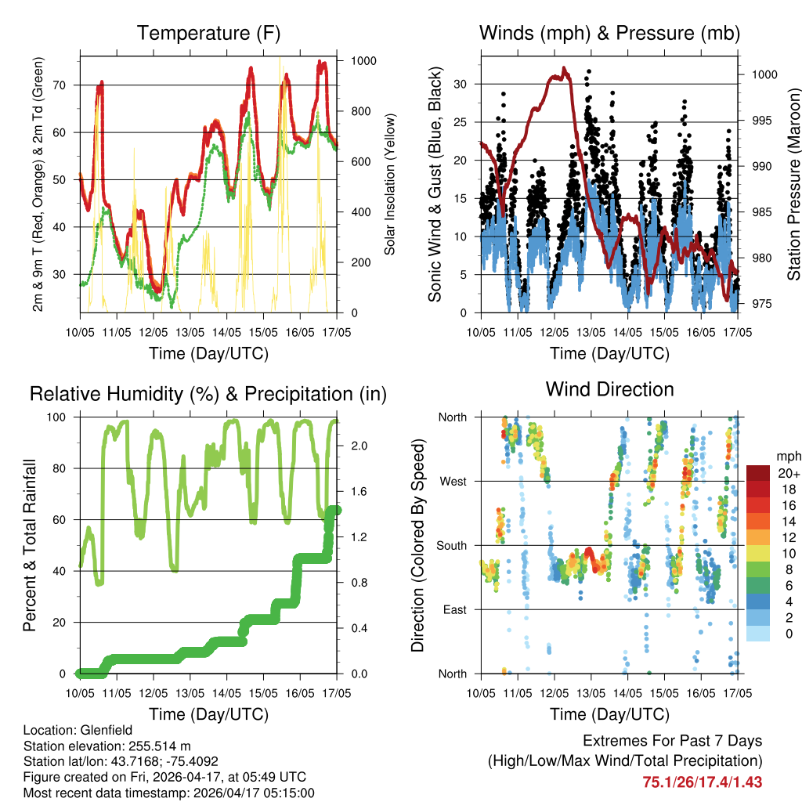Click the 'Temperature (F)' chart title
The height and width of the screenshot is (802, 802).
[x=208, y=34]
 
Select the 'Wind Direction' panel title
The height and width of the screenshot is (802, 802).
[x=609, y=389]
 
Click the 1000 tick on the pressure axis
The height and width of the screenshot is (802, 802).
[x=764, y=74]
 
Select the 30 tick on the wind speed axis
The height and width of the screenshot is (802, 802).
[x=461, y=84]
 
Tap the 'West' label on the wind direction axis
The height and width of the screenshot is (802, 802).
[x=453, y=481]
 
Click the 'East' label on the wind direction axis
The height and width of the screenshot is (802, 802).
[x=453, y=609]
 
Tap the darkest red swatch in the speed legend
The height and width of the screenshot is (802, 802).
[x=758, y=473]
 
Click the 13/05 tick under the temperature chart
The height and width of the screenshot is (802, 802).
[x=190, y=332]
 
